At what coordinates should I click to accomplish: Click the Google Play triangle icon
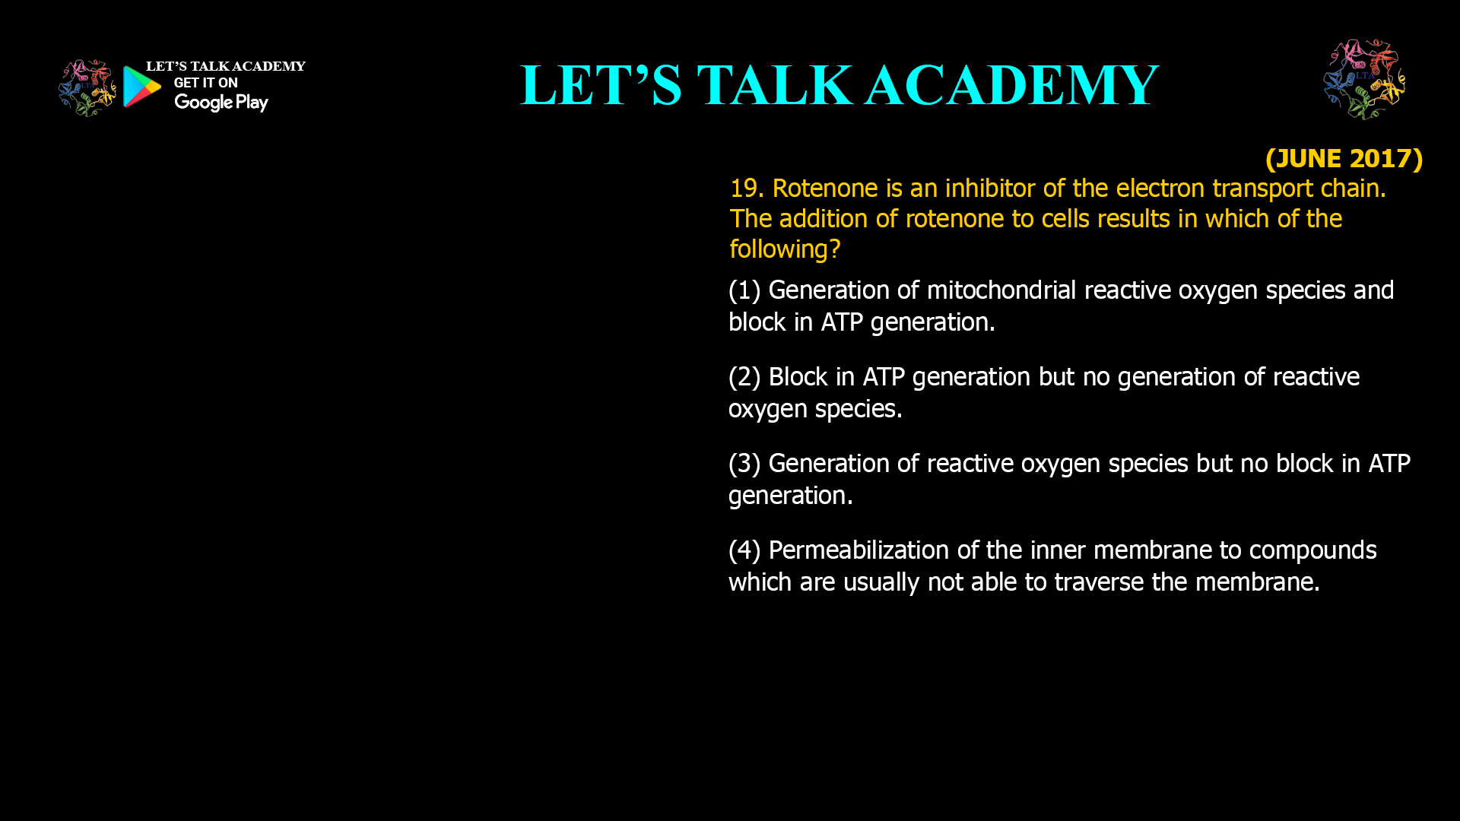pyautogui.click(x=141, y=87)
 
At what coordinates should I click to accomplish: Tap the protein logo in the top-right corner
pyautogui.click(x=1364, y=80)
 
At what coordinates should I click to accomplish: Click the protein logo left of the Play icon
pyautogui.click(x=87, y=88)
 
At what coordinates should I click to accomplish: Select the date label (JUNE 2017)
pyautogui.click(x=1344, y=158)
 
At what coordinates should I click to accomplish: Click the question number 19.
pyautogui.click(x=746, y=189)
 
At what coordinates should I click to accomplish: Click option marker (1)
pyautogui.click(x=744, y=290)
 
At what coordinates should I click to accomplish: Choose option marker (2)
pyautogui.click(x=744, y=377)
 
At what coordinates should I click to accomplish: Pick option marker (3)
pyautogui.click(x=744, y=464)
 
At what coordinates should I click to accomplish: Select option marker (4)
pyautogui.click(x=744, y=550)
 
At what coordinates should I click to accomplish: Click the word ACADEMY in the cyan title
pyautogui.click(x=1012, y=85)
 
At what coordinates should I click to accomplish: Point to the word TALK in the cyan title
pyautogui.click(x=775, y=85)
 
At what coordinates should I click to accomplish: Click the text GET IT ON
pyautogui.click(x=205, y=83)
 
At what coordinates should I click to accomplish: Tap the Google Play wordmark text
pyautogui.click(x=221, y=103)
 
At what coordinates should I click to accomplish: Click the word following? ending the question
pyautogui.click(x=785, y=249)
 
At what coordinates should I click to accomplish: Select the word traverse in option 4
pyautogui.click(x=1099, y=582)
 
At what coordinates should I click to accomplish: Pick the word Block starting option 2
pyautogui.click(x=798, y=377)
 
